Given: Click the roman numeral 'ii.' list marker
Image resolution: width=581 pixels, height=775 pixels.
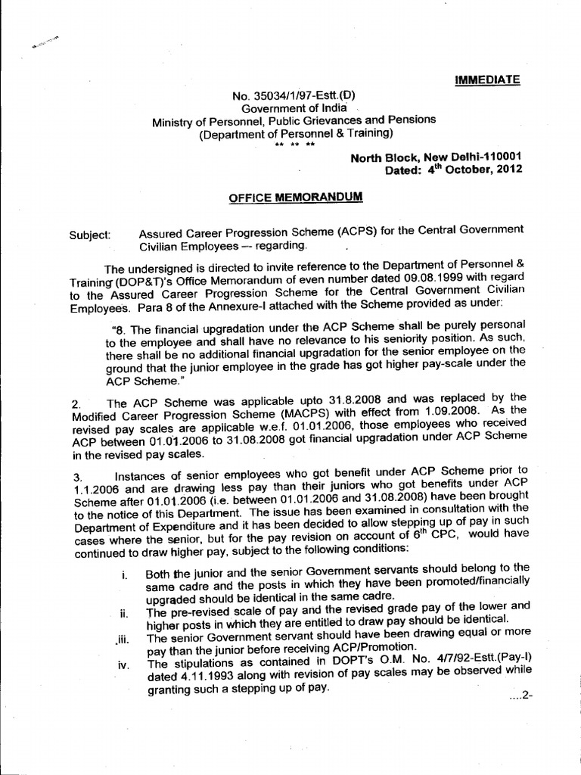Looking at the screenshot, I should click(x=123, y=612).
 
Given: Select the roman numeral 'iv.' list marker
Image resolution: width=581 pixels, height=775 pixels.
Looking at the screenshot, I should click(x=122, y=666).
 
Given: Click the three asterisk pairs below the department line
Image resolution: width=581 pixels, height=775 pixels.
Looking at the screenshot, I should click(x=295, y=144).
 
